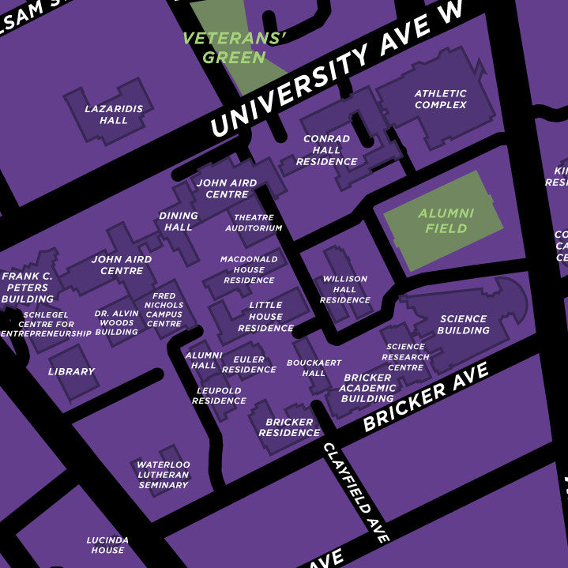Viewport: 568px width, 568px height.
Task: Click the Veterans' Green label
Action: [x=234, y=47]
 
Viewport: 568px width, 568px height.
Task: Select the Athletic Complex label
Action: [x=440, y=99]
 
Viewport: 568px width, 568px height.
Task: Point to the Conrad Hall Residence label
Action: [x=326, y=150]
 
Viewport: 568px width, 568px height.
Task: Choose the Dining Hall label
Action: [x=179, y=221]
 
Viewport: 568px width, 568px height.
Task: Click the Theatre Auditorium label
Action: [x=254, y=223]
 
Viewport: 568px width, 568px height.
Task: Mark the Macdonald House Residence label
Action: [x=249, y=269]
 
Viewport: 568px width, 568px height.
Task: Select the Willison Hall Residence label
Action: [x=345, y=289]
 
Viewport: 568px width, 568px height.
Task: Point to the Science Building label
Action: [x=463, y=325]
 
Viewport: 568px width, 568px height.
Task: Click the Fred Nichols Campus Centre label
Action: [x=164, y=310]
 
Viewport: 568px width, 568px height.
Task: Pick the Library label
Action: [x=71, y=371]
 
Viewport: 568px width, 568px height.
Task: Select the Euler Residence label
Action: [x=249, y=364]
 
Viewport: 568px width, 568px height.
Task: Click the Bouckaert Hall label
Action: [x=314, y=368]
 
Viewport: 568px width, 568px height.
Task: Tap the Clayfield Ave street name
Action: [x=356, y=491]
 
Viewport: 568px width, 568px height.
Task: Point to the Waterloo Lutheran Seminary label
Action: [x=164, y=475]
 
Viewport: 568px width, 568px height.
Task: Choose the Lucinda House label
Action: [x=107, y=545]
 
